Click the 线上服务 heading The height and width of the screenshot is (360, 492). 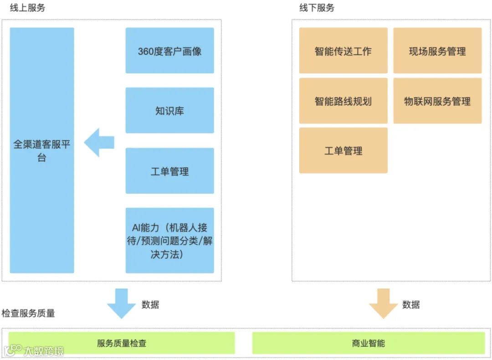coord(27,8)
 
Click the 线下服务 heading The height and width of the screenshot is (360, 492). coord(317,8)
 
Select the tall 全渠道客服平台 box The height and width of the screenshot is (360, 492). coord(42,150)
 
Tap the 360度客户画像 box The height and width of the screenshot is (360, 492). coord(169,51)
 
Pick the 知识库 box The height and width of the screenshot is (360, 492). coord(169,110)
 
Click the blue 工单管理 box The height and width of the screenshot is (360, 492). coord(169,171)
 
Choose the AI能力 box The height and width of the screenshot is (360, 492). coord(169,240)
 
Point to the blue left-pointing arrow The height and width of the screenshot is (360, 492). coord(99,142)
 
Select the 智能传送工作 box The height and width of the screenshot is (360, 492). coord(343,51)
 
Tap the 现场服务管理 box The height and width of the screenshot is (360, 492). coord(437,51)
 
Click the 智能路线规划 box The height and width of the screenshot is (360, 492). coord(343,101)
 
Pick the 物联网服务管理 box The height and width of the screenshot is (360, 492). coord(437,101)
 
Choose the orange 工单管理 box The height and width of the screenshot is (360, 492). coord(343,150)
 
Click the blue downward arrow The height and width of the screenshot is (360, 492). coord(121,303)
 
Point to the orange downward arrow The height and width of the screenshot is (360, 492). coord(383,303)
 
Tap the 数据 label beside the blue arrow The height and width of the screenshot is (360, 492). coord(150,304)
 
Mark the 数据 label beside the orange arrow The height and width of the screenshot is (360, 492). coord(411,304)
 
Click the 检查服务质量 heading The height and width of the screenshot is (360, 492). coord(28,314)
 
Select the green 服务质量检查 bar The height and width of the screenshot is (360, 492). coord(122,343)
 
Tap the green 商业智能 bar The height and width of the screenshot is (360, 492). coord(368,343)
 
